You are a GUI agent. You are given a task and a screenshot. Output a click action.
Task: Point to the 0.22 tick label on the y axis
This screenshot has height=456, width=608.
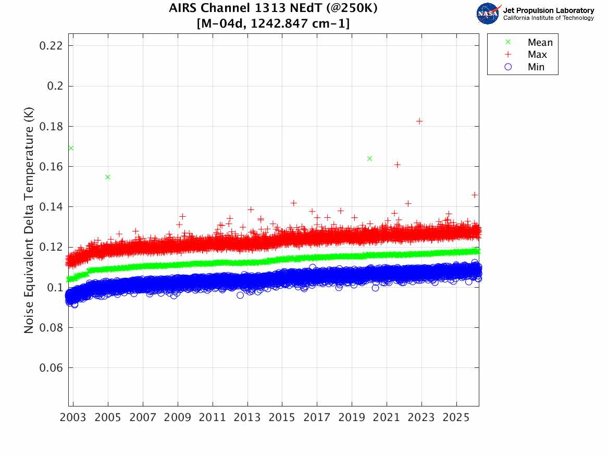51,45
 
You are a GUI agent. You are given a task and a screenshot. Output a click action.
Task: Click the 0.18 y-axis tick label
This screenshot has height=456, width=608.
51,126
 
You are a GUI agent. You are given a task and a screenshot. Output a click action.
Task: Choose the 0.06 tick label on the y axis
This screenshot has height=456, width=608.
51,368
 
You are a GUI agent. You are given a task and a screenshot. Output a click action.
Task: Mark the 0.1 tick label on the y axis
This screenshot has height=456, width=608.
55,287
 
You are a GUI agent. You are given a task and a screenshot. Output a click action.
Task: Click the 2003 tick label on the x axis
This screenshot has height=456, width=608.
73,418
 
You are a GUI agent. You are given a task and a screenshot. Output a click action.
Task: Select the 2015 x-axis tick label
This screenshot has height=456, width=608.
282,418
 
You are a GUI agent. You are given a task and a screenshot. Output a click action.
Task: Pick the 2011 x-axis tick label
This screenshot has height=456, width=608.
213,418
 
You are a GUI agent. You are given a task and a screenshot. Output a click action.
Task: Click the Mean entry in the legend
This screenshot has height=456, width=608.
539,43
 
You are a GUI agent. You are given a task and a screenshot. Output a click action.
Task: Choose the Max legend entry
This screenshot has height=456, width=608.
537,55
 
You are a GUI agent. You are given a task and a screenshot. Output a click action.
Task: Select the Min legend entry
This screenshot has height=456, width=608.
536,67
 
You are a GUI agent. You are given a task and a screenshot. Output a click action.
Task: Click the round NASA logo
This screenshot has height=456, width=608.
488,14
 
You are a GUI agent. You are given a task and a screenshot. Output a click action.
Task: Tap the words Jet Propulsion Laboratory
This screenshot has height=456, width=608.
548,10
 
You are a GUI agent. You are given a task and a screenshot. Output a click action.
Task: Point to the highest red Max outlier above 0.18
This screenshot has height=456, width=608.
419,121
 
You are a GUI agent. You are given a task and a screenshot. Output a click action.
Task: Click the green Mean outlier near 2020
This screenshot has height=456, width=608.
369,158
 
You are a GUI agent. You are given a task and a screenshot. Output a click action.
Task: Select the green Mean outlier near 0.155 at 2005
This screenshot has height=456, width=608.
108,177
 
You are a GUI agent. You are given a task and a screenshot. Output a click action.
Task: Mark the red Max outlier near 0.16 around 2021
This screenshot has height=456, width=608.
398,165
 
